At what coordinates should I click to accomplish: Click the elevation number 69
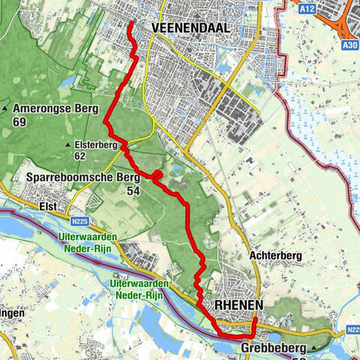click(20, 121)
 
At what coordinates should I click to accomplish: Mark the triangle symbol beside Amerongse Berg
click(6, 109)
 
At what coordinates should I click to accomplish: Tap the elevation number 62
click(80, 156)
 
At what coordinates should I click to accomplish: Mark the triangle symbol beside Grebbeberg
click(313, 349)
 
